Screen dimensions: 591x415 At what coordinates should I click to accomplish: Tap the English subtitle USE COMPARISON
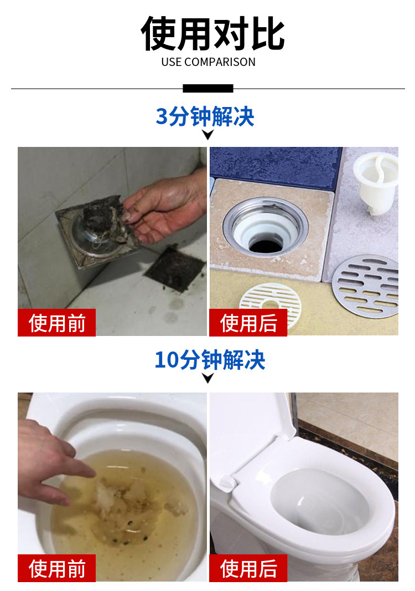coord(208,62)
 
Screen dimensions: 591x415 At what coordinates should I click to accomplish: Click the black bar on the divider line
coord(207,88)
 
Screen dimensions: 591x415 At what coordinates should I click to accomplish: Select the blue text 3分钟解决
coord(205,116)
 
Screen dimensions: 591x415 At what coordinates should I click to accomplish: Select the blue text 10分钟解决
coord(210,360)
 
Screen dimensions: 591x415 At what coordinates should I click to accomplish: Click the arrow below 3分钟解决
coord(207,135)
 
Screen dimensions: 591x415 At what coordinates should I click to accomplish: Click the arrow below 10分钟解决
coord(207,378)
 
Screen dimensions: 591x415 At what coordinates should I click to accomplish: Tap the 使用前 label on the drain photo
coord(56,323)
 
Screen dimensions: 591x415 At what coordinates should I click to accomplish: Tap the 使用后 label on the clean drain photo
coord(248,323)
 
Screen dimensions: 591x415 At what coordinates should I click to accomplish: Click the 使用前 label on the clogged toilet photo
coord(56,568)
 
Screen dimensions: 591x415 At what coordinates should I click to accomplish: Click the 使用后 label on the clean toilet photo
coord(248,568)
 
